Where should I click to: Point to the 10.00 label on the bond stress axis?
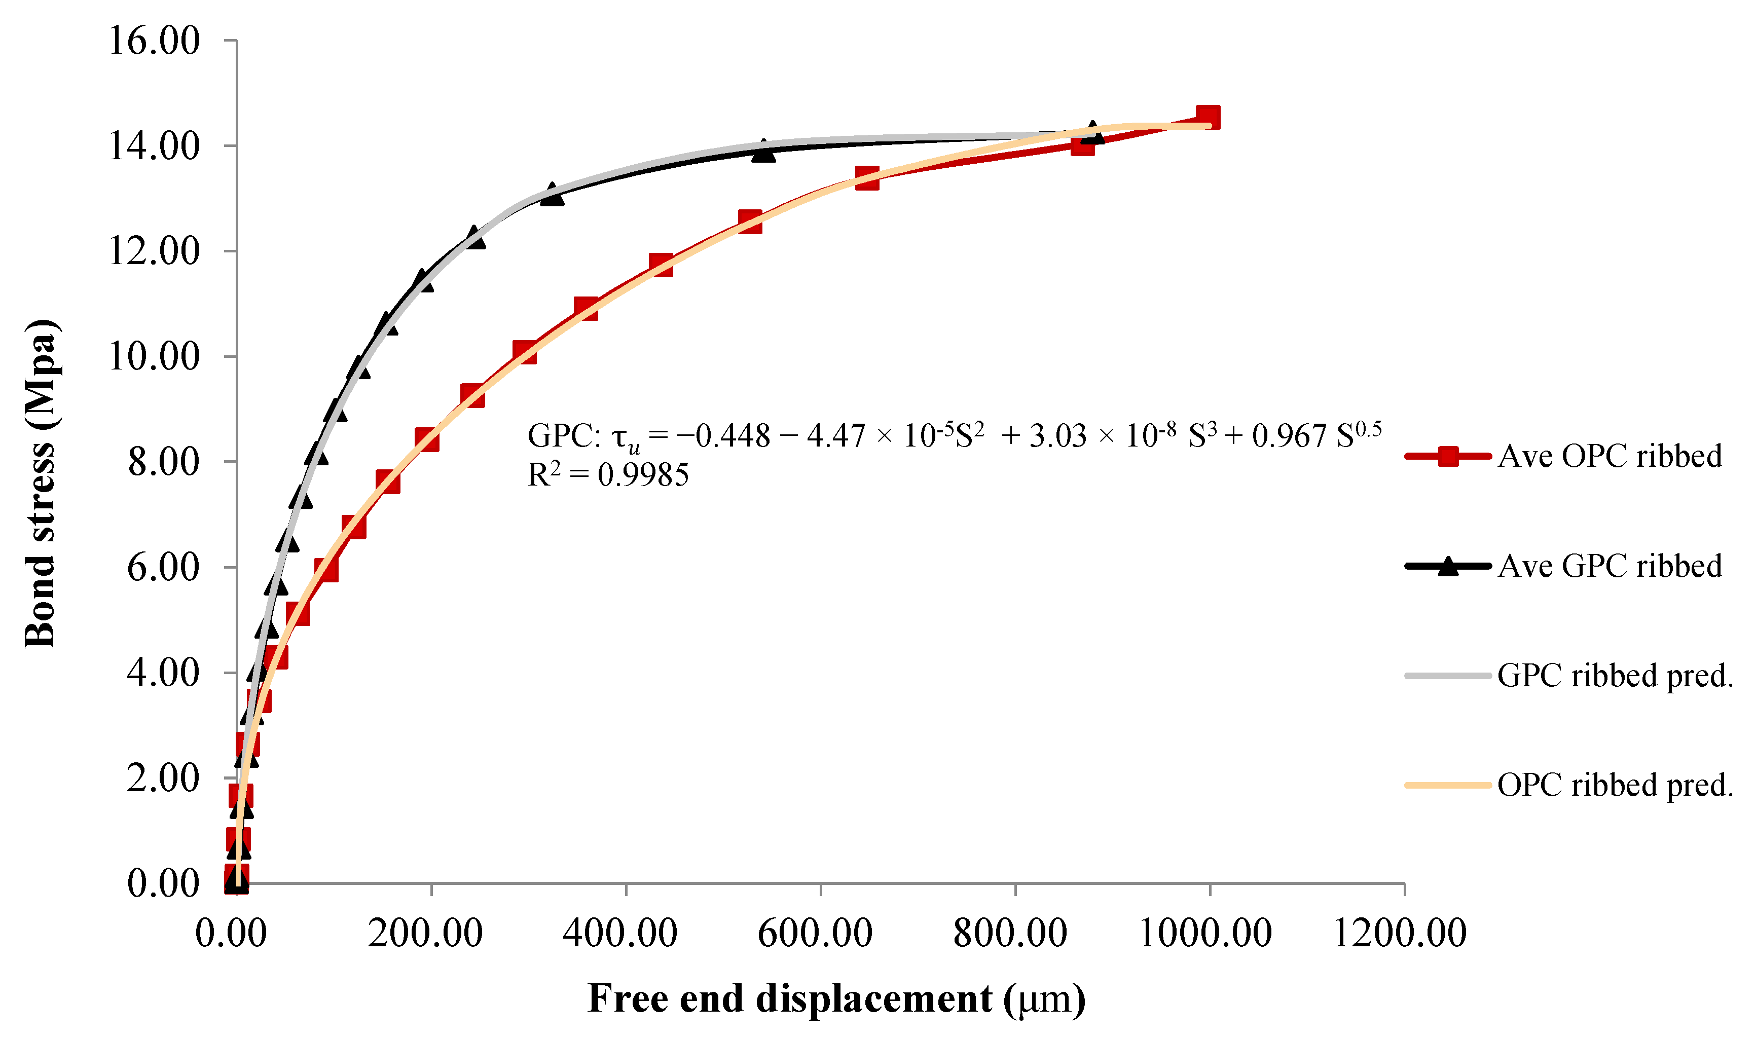(x=154, y=357)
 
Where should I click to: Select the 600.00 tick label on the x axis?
(x=815, y=933)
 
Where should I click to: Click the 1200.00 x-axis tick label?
(x=1400, y=933)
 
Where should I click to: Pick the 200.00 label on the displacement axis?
(x=425, y=933)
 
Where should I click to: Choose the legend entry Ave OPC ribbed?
(x=1610, y=457)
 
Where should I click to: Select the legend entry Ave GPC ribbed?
(x=1610, y=566)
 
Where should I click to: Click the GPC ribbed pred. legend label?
(x=1615, y=676)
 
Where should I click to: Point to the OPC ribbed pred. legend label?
(x=1615, y=786)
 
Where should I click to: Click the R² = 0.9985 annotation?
(x=608, y=475)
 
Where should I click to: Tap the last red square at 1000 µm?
(x=1208, y=118)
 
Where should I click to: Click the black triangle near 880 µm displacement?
(x=1092, y=133)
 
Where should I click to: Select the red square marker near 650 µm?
(x=867, y=178)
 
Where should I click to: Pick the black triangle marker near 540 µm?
(x=764, y=151)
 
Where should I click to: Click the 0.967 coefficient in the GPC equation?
(x=1289, y=436)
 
